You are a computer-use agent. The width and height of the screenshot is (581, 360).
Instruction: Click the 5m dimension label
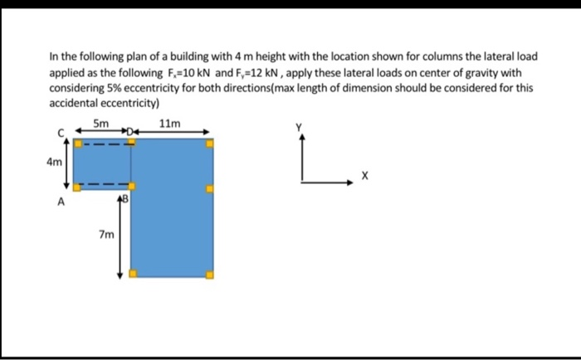click(100, 124)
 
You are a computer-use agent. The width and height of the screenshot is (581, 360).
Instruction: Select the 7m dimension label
click(105, 235)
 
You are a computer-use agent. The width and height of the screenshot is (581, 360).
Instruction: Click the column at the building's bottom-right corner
click(209, 275)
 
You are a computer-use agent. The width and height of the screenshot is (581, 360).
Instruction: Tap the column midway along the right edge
click(209, 188)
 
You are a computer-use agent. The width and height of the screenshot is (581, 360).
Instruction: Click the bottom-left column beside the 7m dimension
click(131, 275)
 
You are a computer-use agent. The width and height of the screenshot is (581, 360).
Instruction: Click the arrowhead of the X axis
click(349, 182)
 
